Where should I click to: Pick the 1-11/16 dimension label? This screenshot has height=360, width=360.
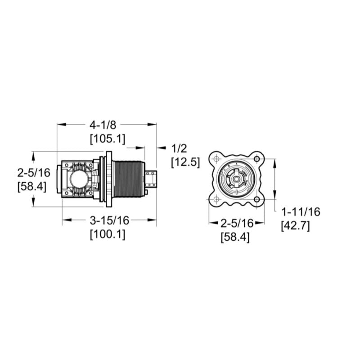pos(300,211)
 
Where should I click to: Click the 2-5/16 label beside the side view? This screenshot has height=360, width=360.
pos(31,172)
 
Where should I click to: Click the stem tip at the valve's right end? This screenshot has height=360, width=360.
pos(153,179)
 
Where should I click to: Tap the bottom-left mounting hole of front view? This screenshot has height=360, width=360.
pos(216,199)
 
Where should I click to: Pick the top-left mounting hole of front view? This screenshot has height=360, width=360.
pos(216,159)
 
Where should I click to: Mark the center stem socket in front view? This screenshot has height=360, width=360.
pos(236,179)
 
